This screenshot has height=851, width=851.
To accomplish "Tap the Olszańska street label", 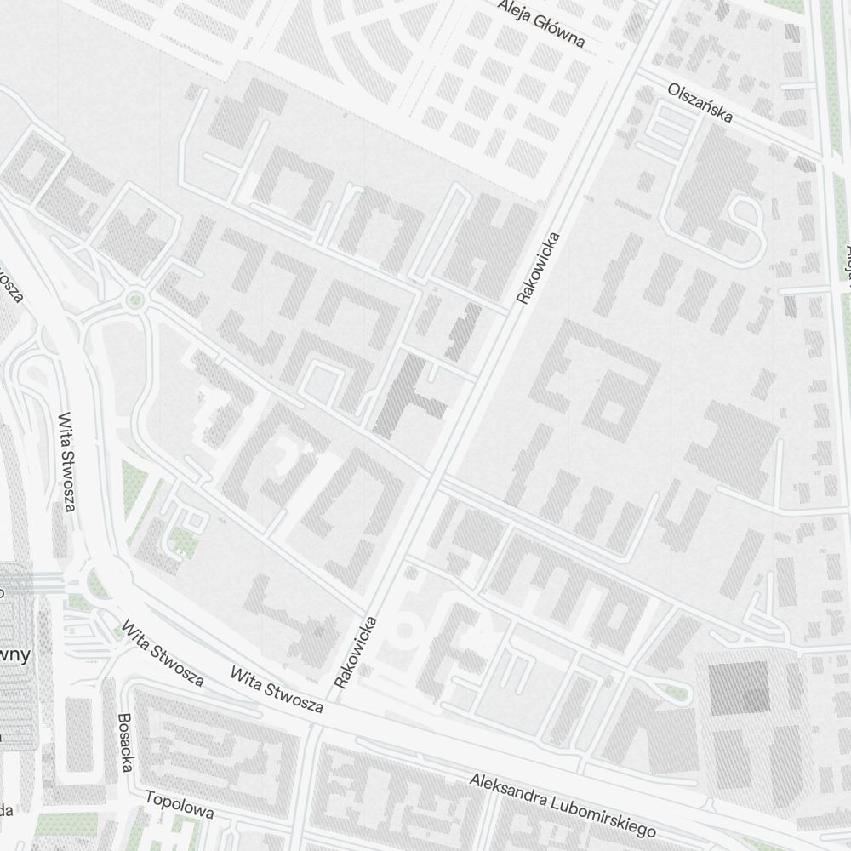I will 700,102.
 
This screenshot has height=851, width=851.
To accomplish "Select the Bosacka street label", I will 126,742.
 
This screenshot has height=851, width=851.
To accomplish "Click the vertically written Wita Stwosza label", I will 67,463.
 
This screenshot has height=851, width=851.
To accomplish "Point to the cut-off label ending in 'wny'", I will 17,655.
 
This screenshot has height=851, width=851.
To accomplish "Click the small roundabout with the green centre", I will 134,300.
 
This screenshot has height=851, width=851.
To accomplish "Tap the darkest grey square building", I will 738,686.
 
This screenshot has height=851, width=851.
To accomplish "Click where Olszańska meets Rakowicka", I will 634,74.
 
